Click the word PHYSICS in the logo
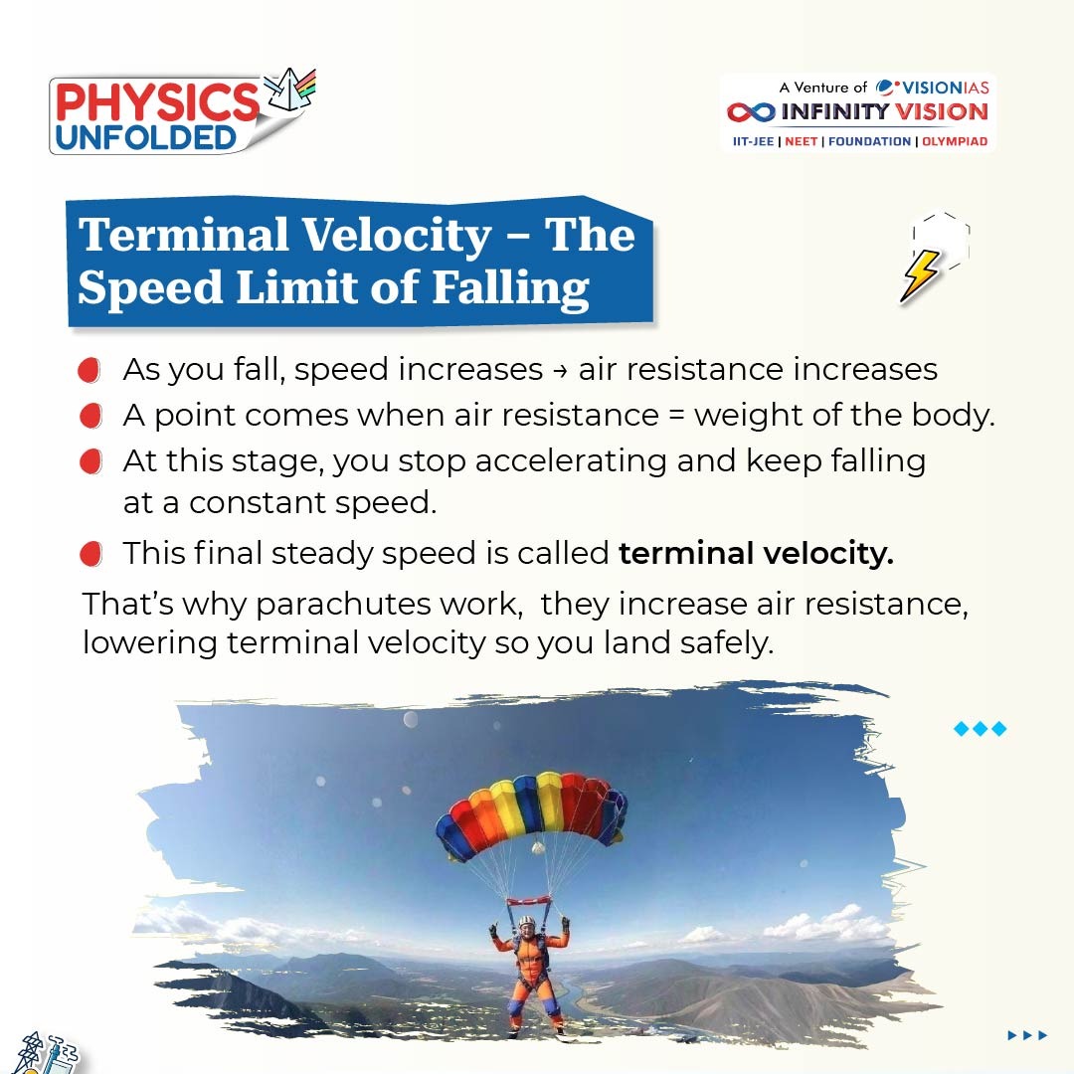(157, 102)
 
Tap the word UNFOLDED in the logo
(146, 137)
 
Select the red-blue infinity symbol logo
(751, 111)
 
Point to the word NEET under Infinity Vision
(801, 142)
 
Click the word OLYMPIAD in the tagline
(955, 142)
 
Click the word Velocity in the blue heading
(397, 235)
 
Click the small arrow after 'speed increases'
(560, 371)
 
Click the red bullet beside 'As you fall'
(89, 370)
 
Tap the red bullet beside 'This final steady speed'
(90, 554)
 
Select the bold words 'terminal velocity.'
(756, 553)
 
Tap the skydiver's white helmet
(526, 922)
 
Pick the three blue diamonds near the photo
(981, 728)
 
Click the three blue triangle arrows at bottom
(1027, 1035)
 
